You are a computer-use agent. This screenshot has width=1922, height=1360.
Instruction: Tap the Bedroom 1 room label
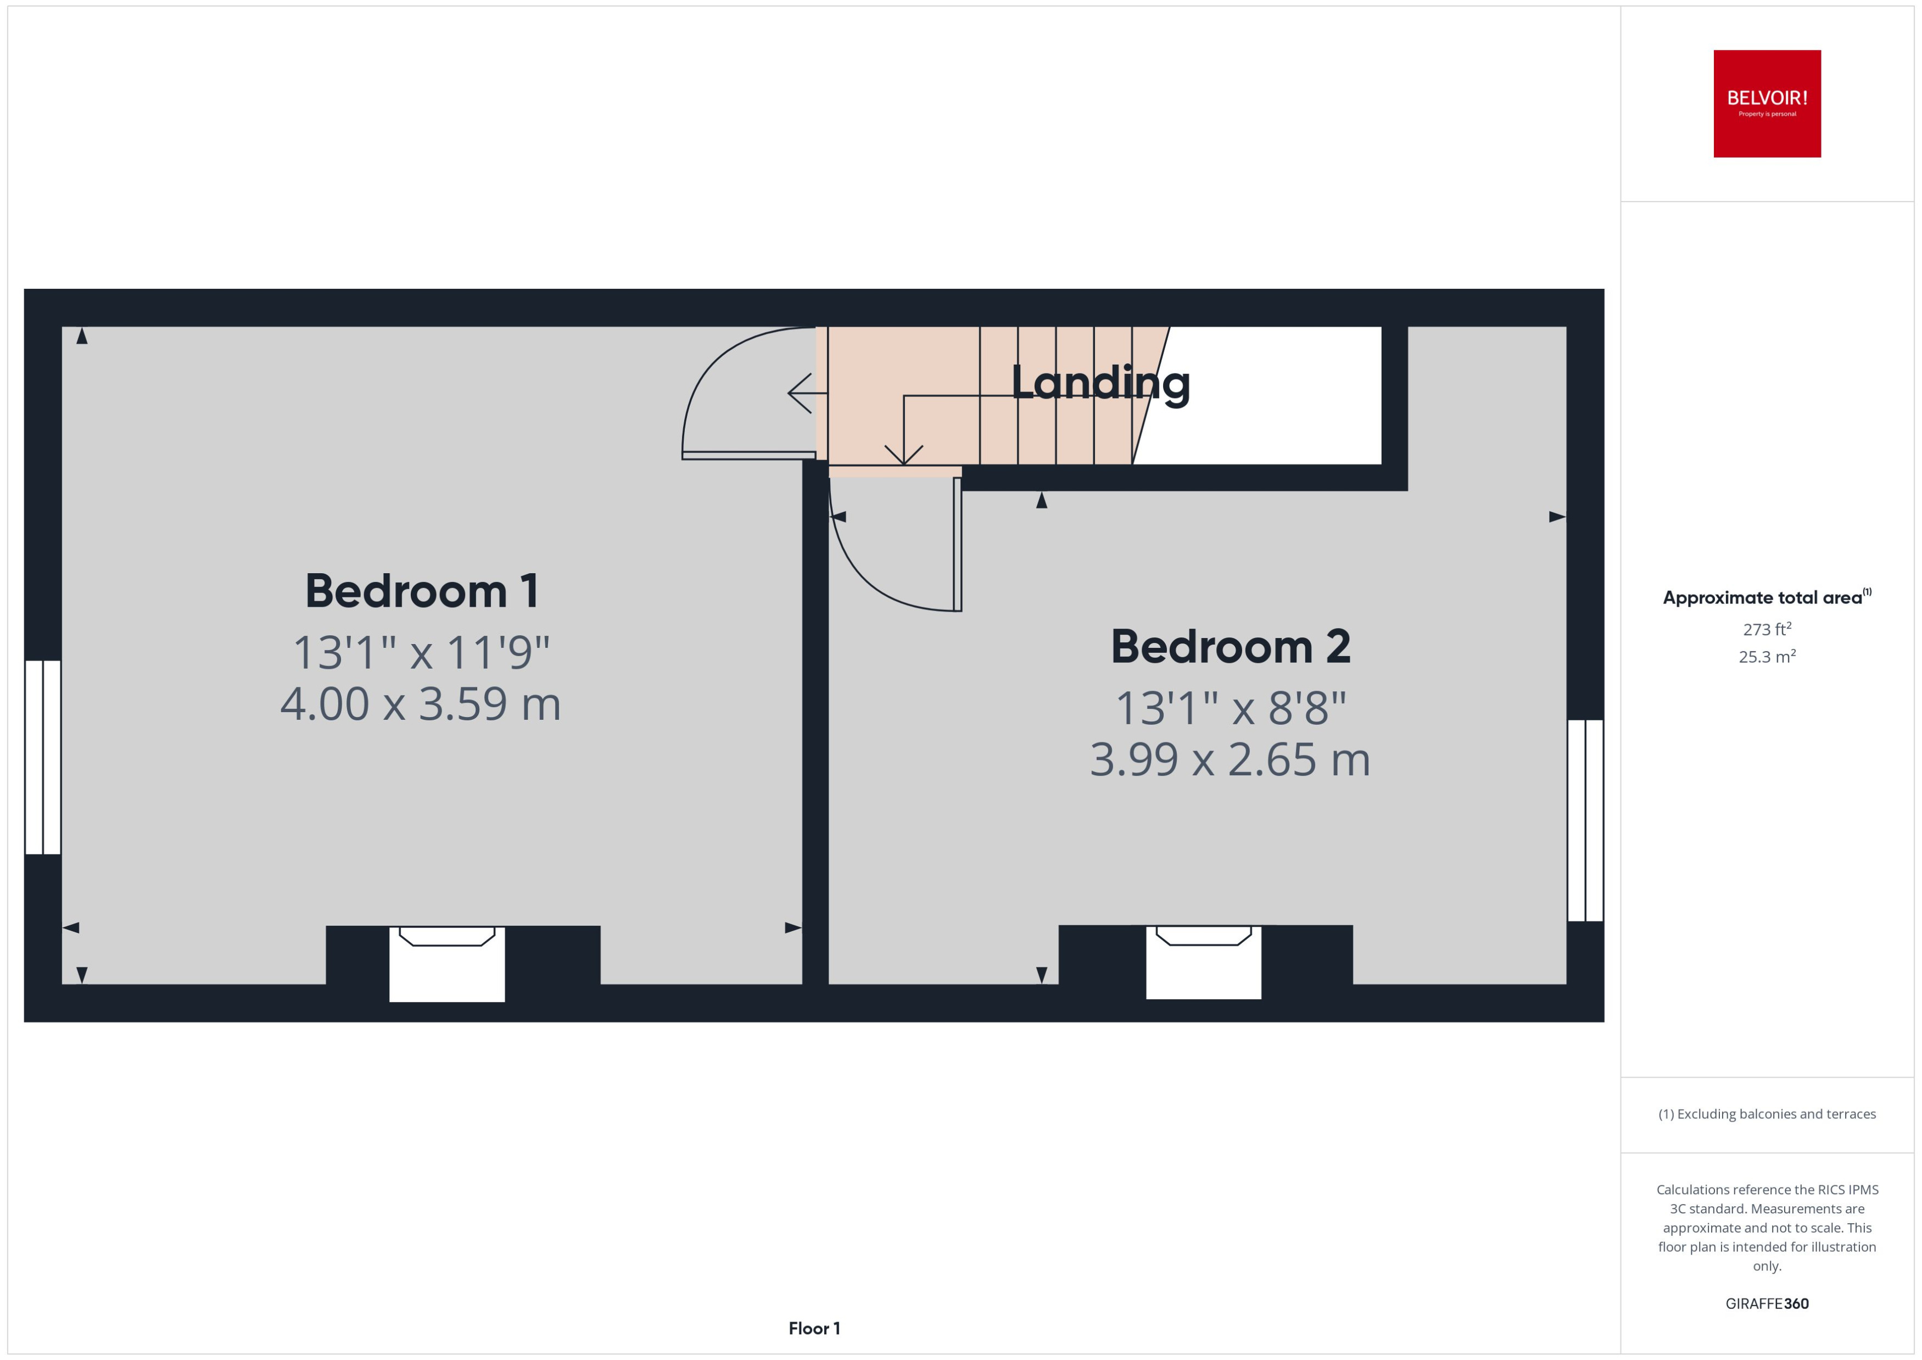coord(421,591)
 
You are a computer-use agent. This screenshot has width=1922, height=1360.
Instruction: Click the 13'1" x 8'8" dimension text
coord(1230,708)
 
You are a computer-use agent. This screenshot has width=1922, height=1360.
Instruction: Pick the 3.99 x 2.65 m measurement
coord(1230,759)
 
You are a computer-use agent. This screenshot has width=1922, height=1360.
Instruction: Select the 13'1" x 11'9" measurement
coord(421,652)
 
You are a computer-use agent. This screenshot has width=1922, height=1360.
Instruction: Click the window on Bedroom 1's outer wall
coord(43,757)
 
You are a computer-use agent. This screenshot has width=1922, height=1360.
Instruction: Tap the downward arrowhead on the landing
coord(904,455)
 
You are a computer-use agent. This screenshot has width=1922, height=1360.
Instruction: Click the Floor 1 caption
coord(814,1328)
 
